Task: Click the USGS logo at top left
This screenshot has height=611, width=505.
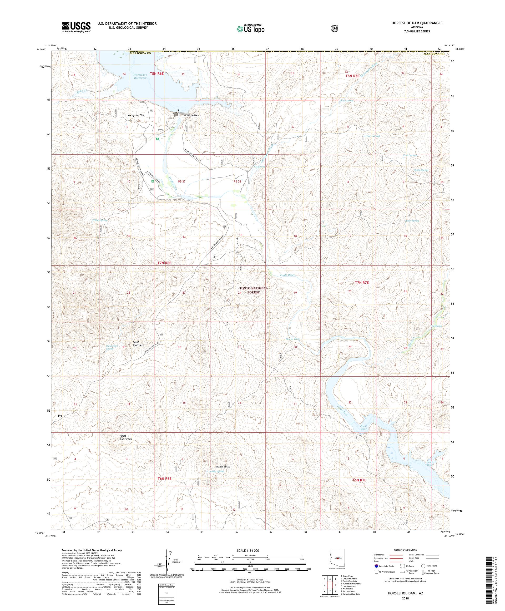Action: (76, 27)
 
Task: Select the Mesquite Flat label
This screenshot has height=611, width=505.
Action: (136, 115)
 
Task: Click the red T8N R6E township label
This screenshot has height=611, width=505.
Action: (157, 74)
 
